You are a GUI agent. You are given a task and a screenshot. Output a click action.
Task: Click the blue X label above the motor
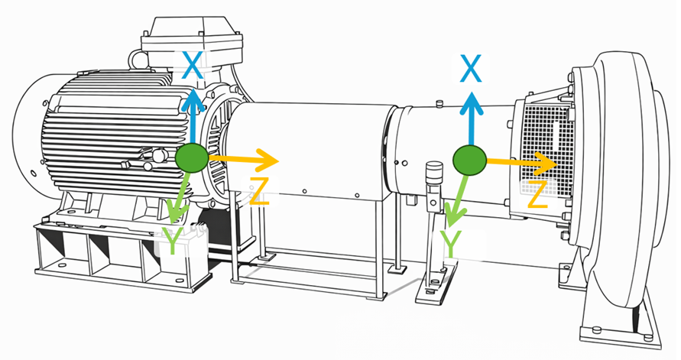click(x=193, y=65)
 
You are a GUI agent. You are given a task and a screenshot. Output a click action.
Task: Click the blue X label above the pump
click(x=471, y=68)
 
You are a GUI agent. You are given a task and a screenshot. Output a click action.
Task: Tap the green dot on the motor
click(x=192, y=157)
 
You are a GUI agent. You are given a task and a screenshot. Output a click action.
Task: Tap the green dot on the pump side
click(x=469, y=161)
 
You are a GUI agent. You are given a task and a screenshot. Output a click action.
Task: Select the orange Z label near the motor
click(x=259, y=192)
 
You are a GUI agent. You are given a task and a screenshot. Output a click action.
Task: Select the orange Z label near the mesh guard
click(x=537, y=194)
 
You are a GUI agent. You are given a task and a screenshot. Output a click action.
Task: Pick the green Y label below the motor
click(x=173, y=241)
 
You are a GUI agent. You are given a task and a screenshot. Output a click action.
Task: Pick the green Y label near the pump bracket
click(x=450, y=244)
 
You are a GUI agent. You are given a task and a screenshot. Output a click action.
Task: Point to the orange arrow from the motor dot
click(x=243, y=160)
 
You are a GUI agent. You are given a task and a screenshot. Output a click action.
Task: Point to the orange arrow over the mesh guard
click(x=521, y=163)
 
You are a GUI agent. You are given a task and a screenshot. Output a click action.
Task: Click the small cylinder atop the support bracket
click(x=434, y=171)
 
